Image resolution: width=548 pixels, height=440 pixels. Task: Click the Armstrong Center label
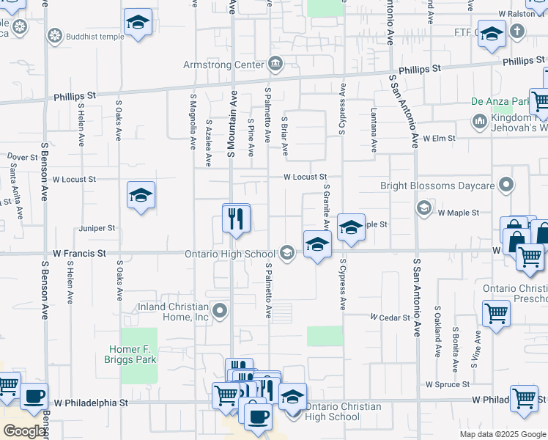point(227,65)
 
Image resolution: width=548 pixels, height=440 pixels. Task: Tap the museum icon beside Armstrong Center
point(275,65)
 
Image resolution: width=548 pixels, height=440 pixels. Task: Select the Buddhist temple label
point(93,34)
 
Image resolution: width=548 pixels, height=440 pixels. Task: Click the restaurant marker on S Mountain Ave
point(236,220)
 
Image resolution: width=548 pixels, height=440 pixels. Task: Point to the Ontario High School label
point(239,254)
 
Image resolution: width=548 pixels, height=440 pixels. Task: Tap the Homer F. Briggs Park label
point(138,354)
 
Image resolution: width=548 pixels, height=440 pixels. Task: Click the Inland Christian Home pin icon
point(219,312)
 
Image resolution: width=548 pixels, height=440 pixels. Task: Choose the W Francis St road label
point(80,253)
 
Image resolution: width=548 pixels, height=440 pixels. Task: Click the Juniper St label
point(101,229)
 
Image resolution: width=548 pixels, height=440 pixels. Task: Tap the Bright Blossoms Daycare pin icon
point(506,185)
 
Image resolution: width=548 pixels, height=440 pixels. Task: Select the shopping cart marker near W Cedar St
point(497,314)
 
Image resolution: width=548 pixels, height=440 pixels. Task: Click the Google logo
point(24,431)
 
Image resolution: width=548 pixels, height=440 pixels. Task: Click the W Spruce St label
point(447,384)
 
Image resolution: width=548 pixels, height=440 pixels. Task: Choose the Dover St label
point(23,157)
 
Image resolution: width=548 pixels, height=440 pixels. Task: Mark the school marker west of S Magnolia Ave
point(141,196)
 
